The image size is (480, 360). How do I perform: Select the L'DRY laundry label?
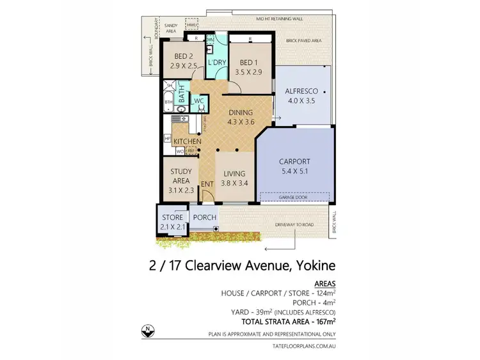tap(214, 63)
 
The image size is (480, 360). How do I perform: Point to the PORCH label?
tap(205, 217)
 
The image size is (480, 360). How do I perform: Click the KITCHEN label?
tap(187, 141)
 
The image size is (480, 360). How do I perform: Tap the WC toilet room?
tap(199, 102)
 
